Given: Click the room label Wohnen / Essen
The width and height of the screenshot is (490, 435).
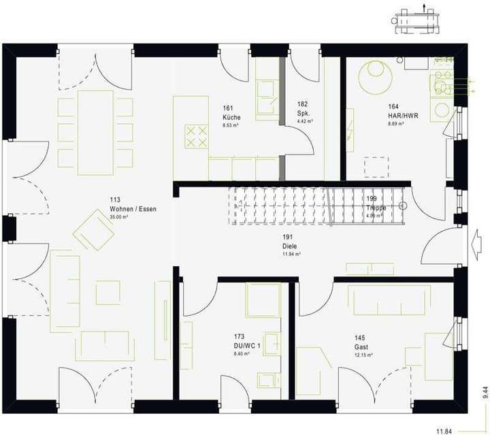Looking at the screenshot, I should pyautogui.click(x=133, y=209).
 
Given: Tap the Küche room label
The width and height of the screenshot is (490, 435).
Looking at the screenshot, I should pyautogui.click(x=231, y=117).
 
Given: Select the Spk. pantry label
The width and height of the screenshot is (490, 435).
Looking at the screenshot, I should pyautogui.click(x=304, y=113).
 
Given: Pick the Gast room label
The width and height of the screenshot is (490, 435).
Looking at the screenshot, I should pyautogui.click(x=360, y=347).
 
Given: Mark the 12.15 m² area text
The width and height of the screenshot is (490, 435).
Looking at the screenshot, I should pyautogui.click(x=363, y=355).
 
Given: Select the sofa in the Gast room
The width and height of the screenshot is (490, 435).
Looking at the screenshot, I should pyautogui.click(x=389, y=300).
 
